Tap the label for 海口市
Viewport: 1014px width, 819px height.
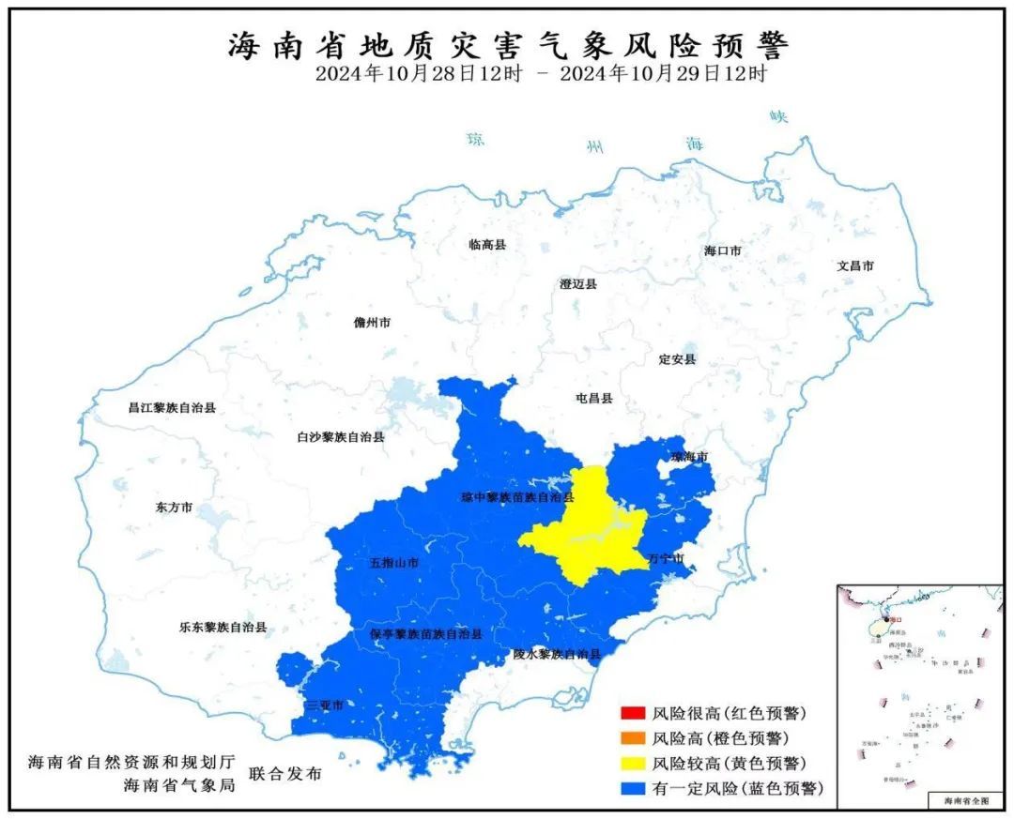click(x=723, y=251)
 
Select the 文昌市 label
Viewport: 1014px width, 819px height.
click(x=855, y=266)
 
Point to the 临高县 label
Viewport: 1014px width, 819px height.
click(x=487, y=245)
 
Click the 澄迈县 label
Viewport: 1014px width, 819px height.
click(x=577, y=283)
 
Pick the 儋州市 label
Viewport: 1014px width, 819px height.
click(x=372, y=322)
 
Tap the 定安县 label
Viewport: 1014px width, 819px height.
click(x=677, y=359)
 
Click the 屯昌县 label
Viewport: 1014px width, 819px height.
click(x=593, y=399)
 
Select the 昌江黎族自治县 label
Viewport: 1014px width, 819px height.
click(x=172, y=408)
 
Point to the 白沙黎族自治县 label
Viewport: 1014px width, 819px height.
click(x=340, y=436)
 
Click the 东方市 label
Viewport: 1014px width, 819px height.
click(x=174, y=507)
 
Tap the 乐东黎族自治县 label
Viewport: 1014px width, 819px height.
click(x=223, y=627)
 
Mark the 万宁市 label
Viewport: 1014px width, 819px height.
click(x=666, y=558)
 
